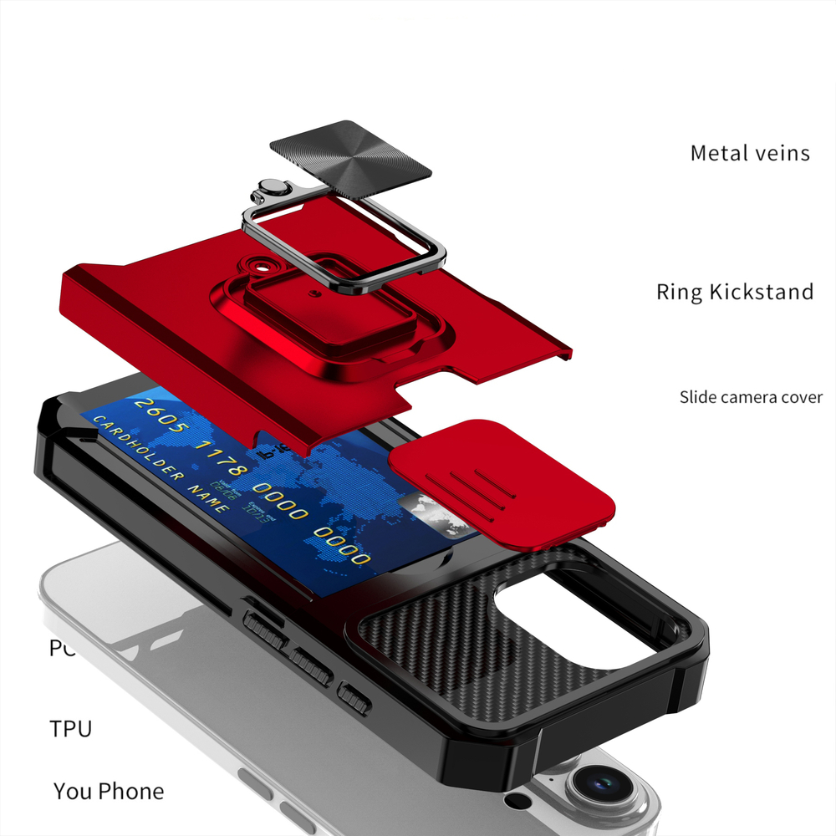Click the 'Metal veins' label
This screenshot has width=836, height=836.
pyautogui.click(x=749, y=154)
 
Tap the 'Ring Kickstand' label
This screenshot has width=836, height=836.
pyautogui.click(x=734, y=292)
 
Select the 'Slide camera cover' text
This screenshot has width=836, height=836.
pyautogui.click(x=750, y=397)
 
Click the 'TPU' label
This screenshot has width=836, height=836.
pyautogui.click(x=71, y=728)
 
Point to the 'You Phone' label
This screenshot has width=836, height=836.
pyautogui.click(x=109, y=791)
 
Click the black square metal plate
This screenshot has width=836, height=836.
pyautogui.click(x=350, y=159)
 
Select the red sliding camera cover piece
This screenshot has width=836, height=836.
pyautogui.click(x=502, y=484)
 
